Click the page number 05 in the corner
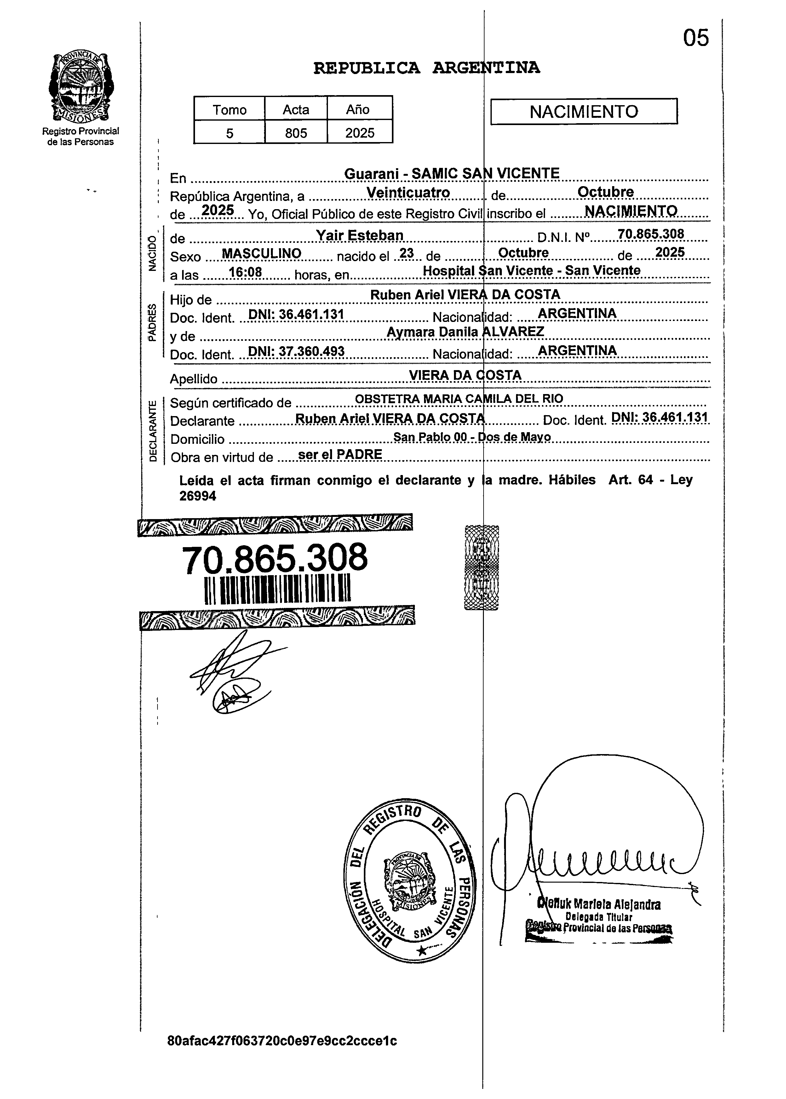pyautogui.click(x=696, y=37)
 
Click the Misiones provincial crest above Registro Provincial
pyautogui.click(x=81, y=87)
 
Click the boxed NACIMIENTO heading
pyautogui.click(x=584, y=112)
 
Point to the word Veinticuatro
pyautogui.click(x=408, y=192)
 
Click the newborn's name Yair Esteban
pyautogui.click(x=359, y=235)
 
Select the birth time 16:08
pyautogui.click(x=245, y=272)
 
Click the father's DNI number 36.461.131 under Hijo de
pyautogui.click(x=296, y=315)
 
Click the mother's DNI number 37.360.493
pyautogui.click(x=296, y=351)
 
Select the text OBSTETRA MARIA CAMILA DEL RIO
pyautogui.click(x=459, y=399)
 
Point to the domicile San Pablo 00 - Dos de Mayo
pyautogui.click(x=472, y=437)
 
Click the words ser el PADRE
pyautogui.click(x=340, y=455)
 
